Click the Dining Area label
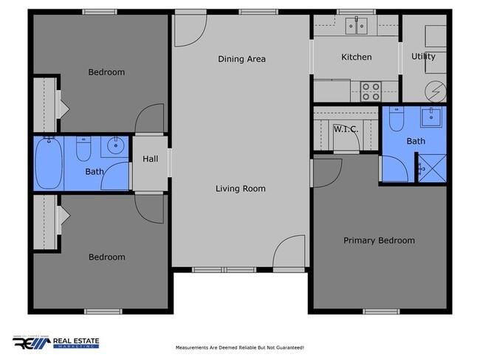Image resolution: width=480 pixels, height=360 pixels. pyautogui.click(x=241, y=59)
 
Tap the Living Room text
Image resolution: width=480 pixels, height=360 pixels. pyautogui.click(x=240, y=189)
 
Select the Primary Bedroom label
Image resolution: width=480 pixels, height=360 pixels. pyautogui.click(x=379, y=240)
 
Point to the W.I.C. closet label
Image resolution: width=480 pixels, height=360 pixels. pyautogui.click(x=346, y=130)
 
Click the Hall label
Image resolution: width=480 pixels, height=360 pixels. pyautogui.click(x=150, y=159)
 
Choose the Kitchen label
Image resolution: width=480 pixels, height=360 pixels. pyautogui.click(x=356, y=57)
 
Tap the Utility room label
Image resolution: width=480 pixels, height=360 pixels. pyautogui.click(x=423, y=56)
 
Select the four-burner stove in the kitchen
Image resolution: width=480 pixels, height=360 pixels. pyautogui.click(x=370, y=91)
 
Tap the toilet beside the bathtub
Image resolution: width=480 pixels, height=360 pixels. pyautogui.click(x=83, y=150)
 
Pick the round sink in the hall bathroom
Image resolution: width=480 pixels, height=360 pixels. pyautogui.click(x=114, y=145)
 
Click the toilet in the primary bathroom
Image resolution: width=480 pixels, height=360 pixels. pyautogui.click(x=395, y=120)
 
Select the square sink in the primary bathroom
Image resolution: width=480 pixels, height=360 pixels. pyautogui.click(x=431, y=116)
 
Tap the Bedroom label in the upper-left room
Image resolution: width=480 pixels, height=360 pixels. pyautogui.click(x=106, y=72)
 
